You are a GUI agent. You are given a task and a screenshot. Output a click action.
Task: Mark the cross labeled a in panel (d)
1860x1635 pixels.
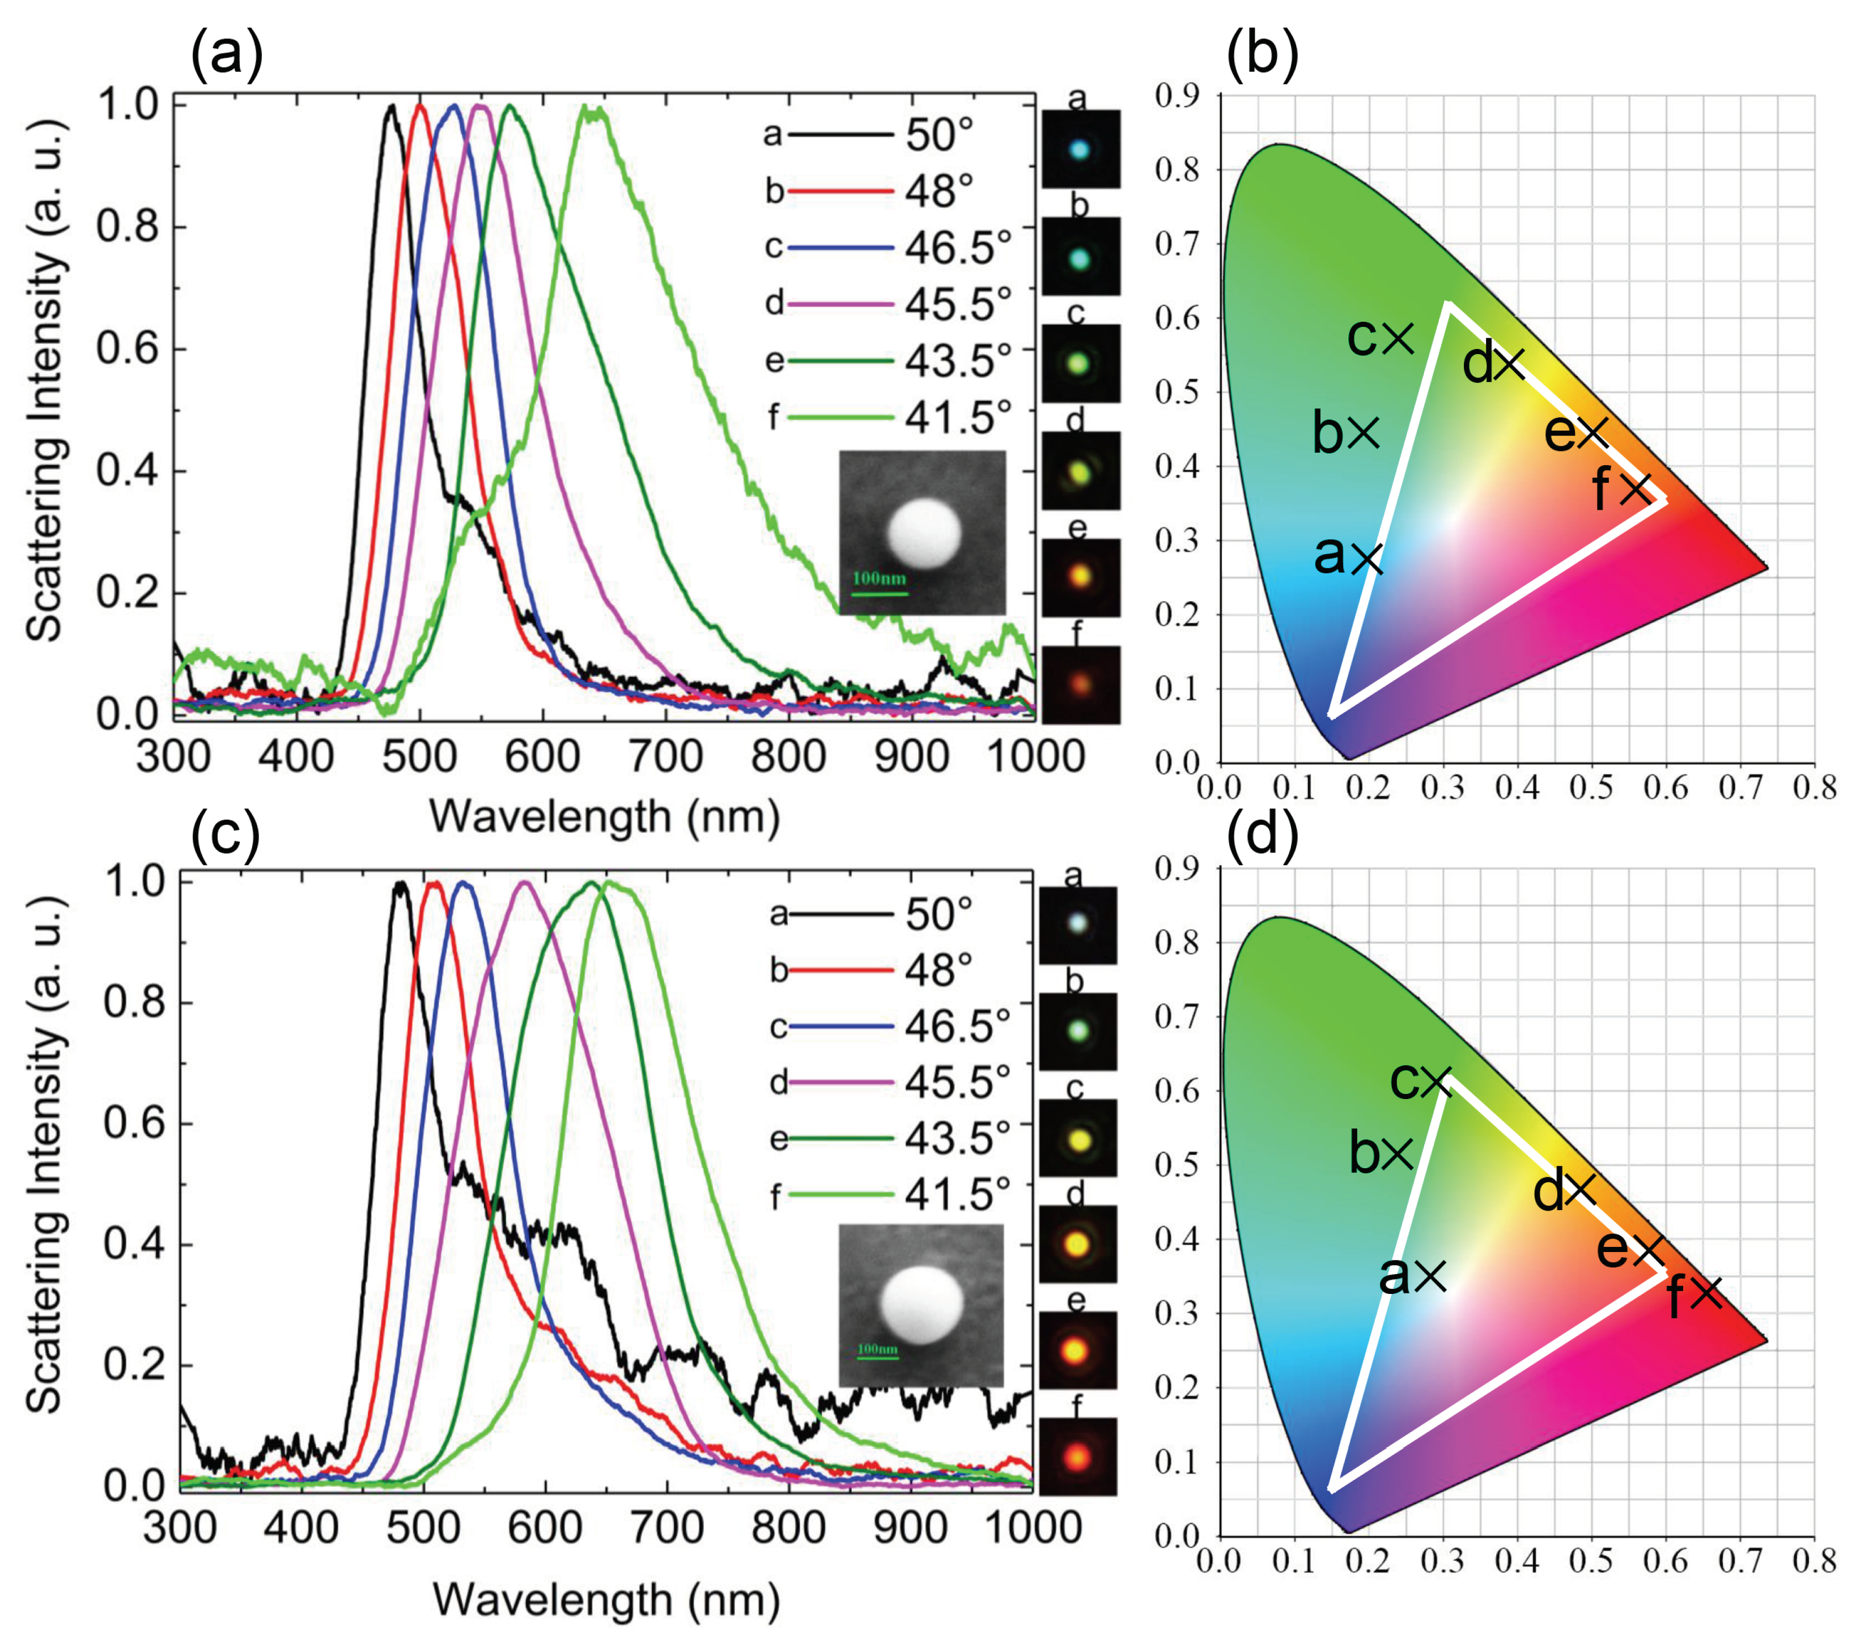click(x=1430, y=1276)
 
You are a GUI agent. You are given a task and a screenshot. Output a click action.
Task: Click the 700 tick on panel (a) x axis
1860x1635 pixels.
click(x=665, y=757)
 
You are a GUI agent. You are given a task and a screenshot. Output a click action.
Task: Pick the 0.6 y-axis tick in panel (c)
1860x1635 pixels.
click(x=135, y=1123)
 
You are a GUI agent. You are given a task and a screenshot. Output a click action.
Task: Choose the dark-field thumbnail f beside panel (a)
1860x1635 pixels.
click(x=1080, y=684)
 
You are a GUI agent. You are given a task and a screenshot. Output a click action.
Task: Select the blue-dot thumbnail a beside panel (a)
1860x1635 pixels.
click(x=1080, y=149)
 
